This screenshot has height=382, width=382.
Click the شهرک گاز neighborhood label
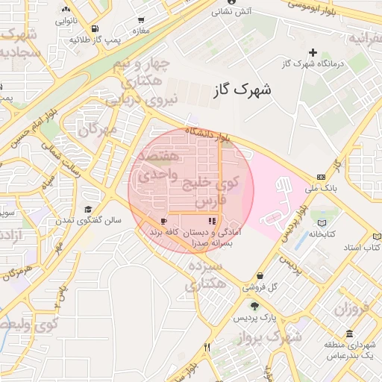pyautogui.click(x=242, y=90)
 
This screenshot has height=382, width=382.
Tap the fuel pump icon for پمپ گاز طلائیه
pyautogui.click(x=73, y=26)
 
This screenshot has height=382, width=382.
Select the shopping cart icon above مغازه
pyautogui.click(x=141, y=20)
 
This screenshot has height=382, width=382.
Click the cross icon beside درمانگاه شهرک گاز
pyautogui.click(x=313, y=52)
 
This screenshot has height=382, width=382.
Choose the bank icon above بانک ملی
pyautogui.click(x=321, y=177)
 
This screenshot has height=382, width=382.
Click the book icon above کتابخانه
pyautogui.click(x=322, y=223)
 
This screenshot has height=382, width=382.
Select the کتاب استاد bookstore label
pyautogui.click(x=366, y=246)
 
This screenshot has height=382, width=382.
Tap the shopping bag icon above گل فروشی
pyautogui.click(x=259, y=275)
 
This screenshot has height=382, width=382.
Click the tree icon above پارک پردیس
pyautogui.click(x=255, y=307)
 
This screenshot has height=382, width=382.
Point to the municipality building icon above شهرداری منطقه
pyautogui.click(x=349, y=334)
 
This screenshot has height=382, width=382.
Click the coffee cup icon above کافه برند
pyautogui.click(x=163, y=222)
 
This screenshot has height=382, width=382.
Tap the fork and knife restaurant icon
pyautogui.click(x=207, y=347)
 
